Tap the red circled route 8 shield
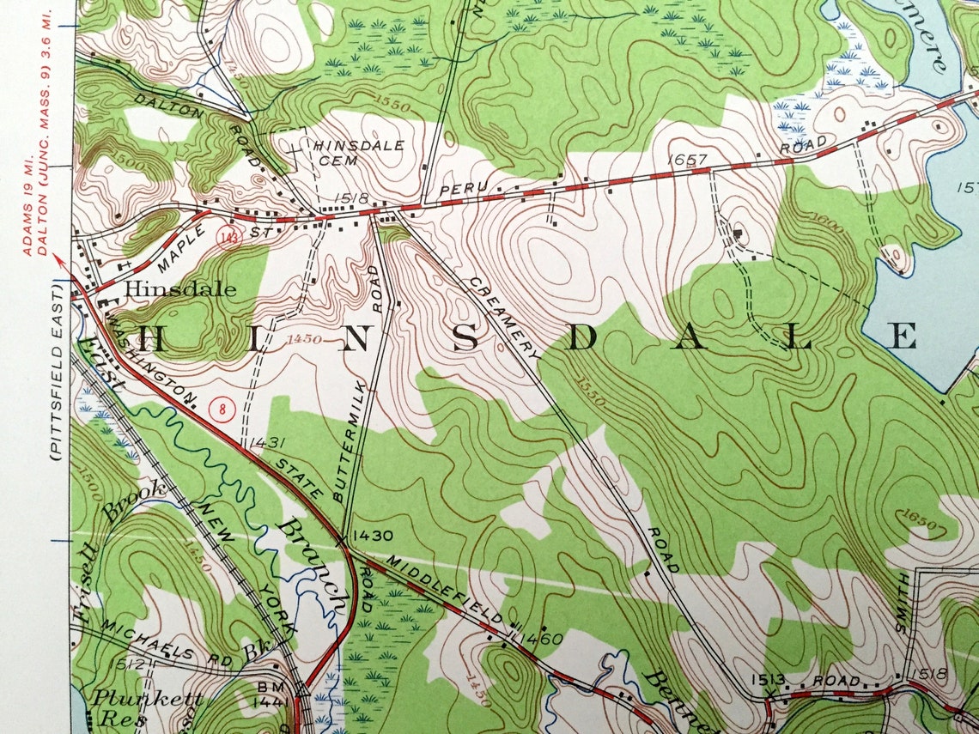click(x=223, y=409)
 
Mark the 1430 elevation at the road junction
click(x=372, y=536)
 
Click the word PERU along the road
click(x=457, y=188)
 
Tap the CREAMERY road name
click(x=504, y=318)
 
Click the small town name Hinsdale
click(x=180, y=290)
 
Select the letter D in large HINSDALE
click(x=581, y=338)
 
